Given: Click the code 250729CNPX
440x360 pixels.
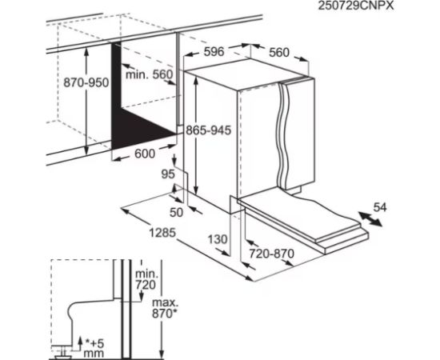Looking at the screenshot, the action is tap(356, 6).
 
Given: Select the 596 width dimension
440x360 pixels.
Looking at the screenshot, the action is tap(214, 52).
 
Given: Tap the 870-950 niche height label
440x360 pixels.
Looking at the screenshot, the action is tap(86, 82).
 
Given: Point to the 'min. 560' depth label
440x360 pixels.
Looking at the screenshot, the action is tap(149, 74).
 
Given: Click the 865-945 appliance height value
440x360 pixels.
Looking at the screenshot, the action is tap(209, 130).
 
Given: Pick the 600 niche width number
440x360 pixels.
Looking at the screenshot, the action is tap(145, 154).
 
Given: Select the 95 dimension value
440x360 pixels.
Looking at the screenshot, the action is tap(168, 174).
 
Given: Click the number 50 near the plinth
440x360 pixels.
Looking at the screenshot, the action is tap(176, 213).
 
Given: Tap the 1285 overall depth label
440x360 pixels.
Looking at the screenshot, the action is tap(162, 233).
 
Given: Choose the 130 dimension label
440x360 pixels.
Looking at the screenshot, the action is tap(218, 239).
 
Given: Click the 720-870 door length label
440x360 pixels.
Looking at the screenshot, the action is tap(272, 254).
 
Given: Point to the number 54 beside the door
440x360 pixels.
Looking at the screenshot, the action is tap(380, 207).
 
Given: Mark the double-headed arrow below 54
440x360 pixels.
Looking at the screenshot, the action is tap(370, 219).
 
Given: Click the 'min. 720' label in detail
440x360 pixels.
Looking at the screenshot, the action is tap(146, 279).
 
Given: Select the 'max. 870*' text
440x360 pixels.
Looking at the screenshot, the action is tap(165, 308).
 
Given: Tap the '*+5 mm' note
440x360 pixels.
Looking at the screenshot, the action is tap(94, 348).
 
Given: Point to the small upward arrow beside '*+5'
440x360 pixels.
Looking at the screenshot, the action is tap(80, 343).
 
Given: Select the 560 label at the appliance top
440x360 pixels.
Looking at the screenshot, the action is tap(279, 53).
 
